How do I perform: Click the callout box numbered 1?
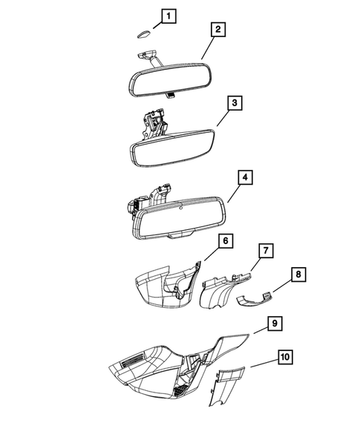[x=170, y=16]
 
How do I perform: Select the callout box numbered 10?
[x=286, y=358]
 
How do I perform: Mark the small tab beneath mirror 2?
[x=170, y=95]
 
